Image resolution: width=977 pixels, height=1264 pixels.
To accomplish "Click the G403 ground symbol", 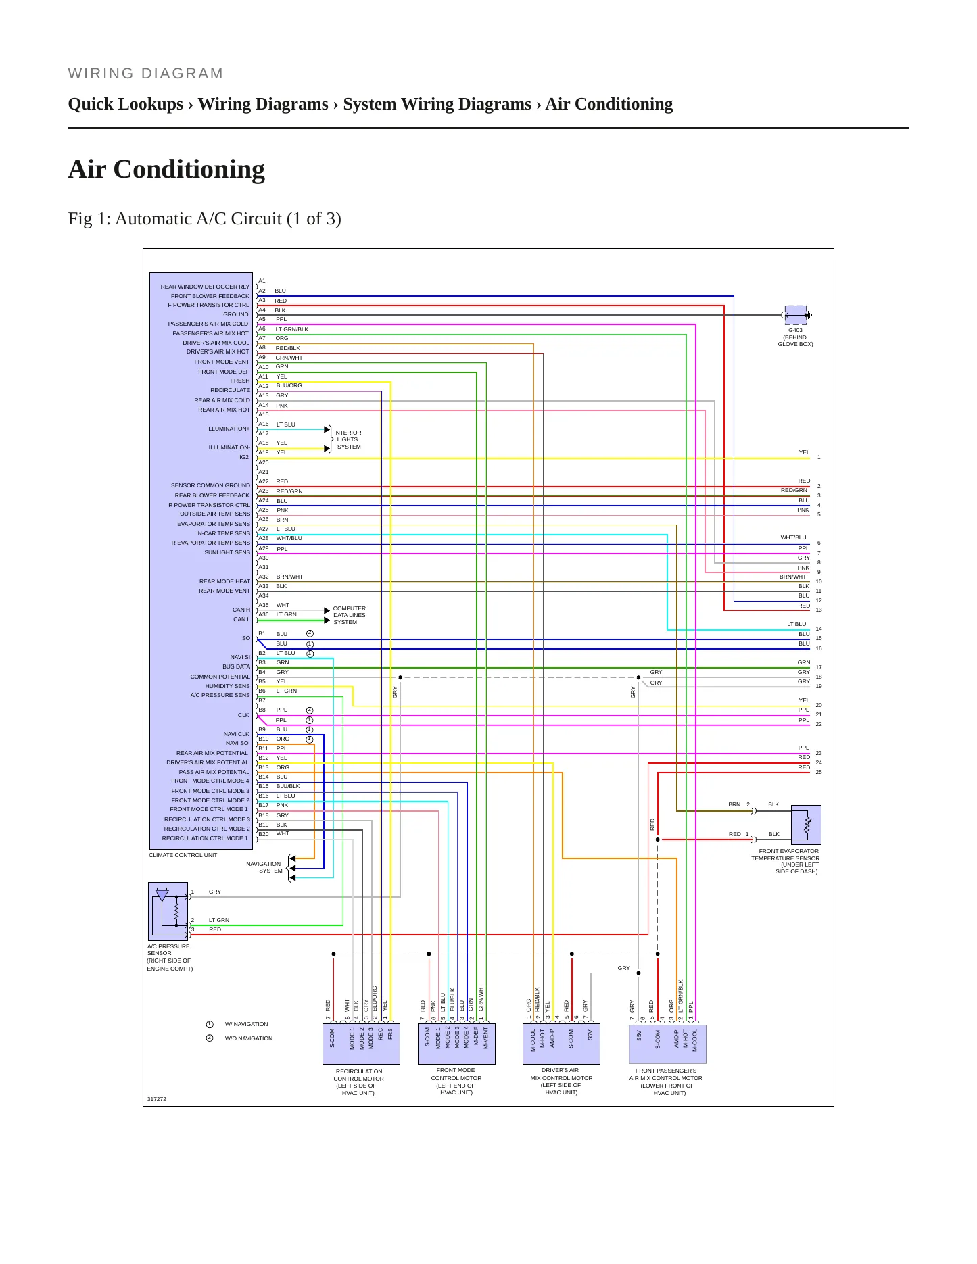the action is pyautogui.click(x=796, y=315).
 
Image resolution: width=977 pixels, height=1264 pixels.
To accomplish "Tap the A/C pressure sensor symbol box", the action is pyautogui.click(x=168, y=911).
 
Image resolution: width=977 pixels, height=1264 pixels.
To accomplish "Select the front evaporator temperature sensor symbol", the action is pyautogui.click(x=806, y=825).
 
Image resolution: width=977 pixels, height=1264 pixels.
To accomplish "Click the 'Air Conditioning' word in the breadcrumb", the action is pyautogui.click(x=609, y=104).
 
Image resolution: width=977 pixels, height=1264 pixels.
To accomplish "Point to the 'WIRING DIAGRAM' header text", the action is pyautogui.click(x=145, y=74).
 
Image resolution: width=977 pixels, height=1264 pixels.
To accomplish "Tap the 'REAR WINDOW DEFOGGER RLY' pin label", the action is pyautogui.click(x=205, y=287).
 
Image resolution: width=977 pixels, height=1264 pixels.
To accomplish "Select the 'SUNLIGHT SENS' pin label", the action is pyautogui.click(x=227, y=552).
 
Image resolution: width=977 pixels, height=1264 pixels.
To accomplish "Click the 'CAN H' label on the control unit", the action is pyautogui.click(x=241, y=610).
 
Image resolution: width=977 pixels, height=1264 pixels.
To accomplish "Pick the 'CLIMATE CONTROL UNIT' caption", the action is pyautogui.click(x=183, y=855).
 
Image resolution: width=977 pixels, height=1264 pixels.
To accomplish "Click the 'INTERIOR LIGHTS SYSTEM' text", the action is pyautogui.click(x=348, y=439).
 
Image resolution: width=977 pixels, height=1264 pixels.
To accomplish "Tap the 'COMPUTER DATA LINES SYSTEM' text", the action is pyautogui.click(x=349, y=615).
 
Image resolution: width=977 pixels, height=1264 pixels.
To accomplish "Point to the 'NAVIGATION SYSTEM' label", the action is pyautogui.click(x=264, y=867).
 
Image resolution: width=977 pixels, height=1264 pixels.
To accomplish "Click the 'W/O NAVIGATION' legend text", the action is pyautogui.click(x=249, y=1038).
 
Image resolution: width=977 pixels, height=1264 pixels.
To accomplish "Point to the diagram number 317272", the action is pyautogui.click(x=157, y=1099).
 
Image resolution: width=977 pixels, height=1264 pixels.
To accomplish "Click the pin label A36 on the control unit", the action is pyautogui.click(x=264, y=614).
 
